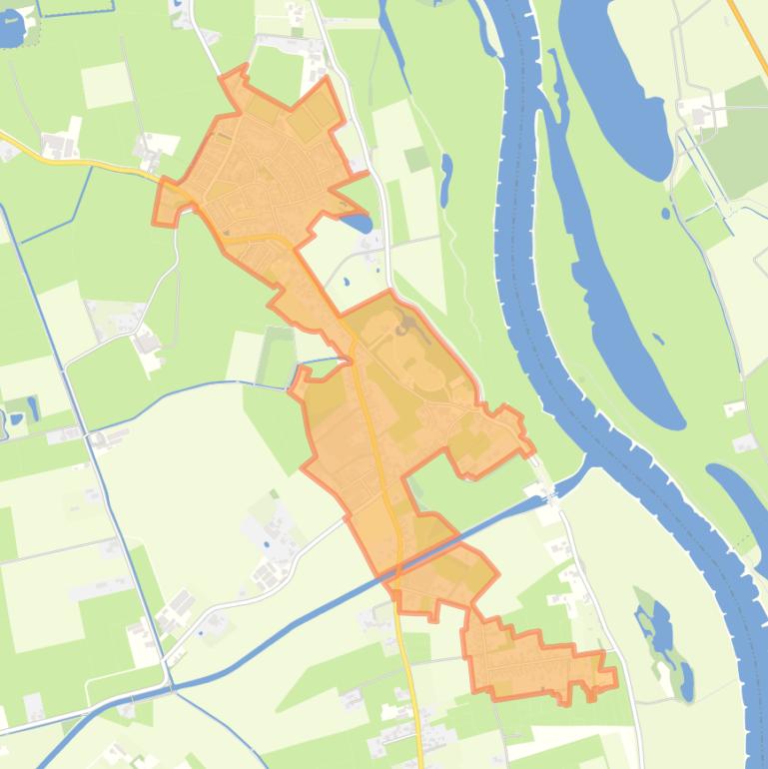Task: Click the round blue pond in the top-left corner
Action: (9, 30)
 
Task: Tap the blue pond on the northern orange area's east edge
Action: (355, 221)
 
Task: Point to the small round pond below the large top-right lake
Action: (665, 213)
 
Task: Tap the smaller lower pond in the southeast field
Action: (686, 681)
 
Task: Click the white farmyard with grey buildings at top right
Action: (703, 112)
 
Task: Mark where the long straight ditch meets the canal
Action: (172, 687)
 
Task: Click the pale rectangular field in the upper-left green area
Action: (106, 85)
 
